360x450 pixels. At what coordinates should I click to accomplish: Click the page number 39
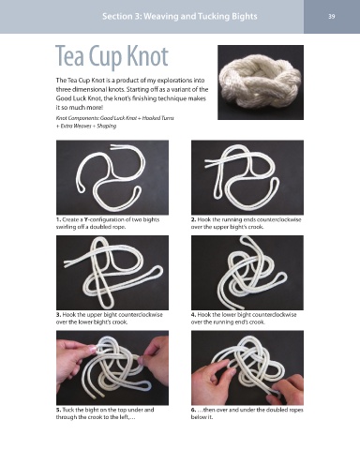(332, 16)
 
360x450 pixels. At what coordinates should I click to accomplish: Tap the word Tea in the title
(70, 56)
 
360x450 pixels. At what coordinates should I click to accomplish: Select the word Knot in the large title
(148, 56)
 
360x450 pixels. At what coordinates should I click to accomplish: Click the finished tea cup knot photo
(261, 82)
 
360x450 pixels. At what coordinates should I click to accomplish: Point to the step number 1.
(58, 219)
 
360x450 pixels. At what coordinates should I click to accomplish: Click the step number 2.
(193, 219)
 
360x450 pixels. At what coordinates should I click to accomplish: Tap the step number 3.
(58, 315)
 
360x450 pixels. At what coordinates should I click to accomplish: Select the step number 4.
(193, 315)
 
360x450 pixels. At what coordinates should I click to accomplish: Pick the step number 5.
(58, 410)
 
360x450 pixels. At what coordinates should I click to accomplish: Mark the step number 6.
(193, 410)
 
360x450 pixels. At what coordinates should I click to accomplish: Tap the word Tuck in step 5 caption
(68, 410)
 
